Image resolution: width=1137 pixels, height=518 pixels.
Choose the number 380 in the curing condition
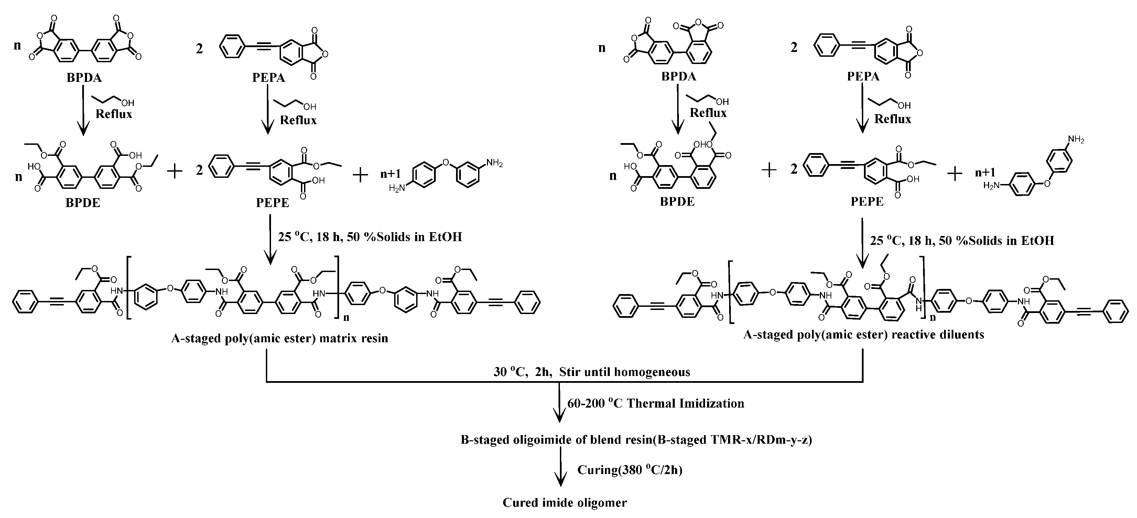(631, 470)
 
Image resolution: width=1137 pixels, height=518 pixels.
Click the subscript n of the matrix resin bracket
(346, 317)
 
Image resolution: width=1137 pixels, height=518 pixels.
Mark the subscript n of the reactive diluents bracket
(933, 317)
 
